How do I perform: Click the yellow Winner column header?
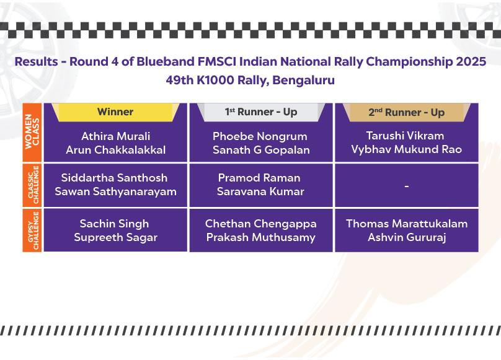[115, 112]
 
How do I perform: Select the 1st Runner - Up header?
[261, 112]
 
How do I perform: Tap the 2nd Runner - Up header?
[406, 112]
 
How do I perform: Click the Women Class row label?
[32, 132]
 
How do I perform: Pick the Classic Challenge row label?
[32, 185]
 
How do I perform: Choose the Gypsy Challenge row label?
[32, 230]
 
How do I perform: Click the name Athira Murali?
[116, 136]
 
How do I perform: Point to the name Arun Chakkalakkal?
[116, 150]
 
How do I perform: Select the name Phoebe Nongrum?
[260, 136]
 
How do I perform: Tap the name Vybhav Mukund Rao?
[406, 149]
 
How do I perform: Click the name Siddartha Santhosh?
[114, 178]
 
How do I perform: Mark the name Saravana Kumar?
[260, 191]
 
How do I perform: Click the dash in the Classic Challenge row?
[406, 186]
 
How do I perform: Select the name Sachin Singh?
[114, 224]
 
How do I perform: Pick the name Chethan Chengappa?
[260, 224]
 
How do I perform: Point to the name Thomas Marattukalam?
[407, 224]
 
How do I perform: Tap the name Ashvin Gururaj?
[407, 237]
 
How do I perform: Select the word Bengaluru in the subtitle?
[304, 80]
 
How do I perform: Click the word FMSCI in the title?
[217, 61]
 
